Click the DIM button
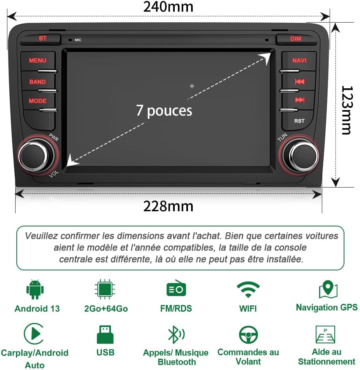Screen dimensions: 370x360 [x=295, y=39]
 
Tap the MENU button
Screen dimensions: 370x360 [x=37, y=61]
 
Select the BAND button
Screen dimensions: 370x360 [x=37, y=82]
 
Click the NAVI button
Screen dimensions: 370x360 [x=299, y=61]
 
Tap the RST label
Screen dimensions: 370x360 [x=299, y=121]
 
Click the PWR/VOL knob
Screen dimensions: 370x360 [x=34, y=156]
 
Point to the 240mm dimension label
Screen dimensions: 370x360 [x=168, y=7]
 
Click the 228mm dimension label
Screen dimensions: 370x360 [x=168, y=206]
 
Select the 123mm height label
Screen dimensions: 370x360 [x=346, y=110]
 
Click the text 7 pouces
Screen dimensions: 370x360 [x=164, y=110]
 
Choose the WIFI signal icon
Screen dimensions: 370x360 [x=248, y=290]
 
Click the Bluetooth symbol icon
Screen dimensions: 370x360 [x=176, y=335]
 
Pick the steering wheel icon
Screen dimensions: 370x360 [x=248, y=335]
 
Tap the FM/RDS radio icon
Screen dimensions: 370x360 [x=176, y=289]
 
